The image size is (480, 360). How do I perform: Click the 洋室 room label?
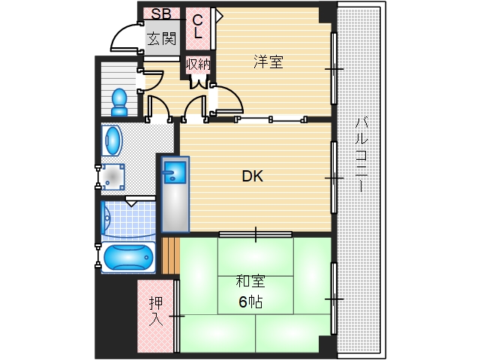(268, 63)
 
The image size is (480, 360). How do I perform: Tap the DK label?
(252, 177)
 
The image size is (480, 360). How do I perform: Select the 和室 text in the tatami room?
(251, 283)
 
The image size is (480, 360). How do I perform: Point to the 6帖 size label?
(251, 301)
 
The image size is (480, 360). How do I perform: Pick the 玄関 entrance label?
(160, 38)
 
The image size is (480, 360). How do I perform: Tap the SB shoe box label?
(160, 13)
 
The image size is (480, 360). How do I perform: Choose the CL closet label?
(198, 27)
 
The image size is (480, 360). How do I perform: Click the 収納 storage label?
(198, 64)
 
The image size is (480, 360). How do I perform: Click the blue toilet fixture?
(119, 101)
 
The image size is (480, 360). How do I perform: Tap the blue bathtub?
(127, 257)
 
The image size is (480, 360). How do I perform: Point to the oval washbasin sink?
(112, 139)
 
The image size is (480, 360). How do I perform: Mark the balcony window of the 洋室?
(333, 68)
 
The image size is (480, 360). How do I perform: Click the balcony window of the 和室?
(333, 298)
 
